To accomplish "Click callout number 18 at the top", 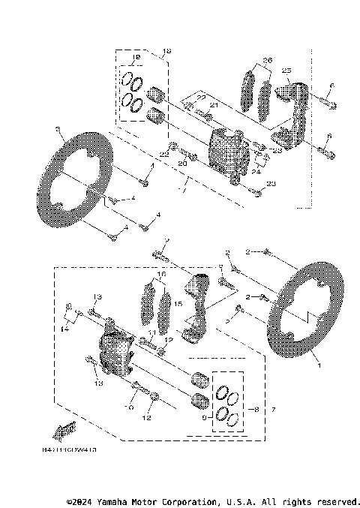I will coord(166,50).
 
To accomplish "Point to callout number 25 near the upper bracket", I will coord(286,70).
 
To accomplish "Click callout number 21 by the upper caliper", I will coord(213,105).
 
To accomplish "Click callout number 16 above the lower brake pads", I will coord(160,275).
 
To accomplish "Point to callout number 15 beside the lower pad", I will coord(178,305).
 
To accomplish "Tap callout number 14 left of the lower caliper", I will coord(65,329).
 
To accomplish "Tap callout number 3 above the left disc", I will coord(58,129).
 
